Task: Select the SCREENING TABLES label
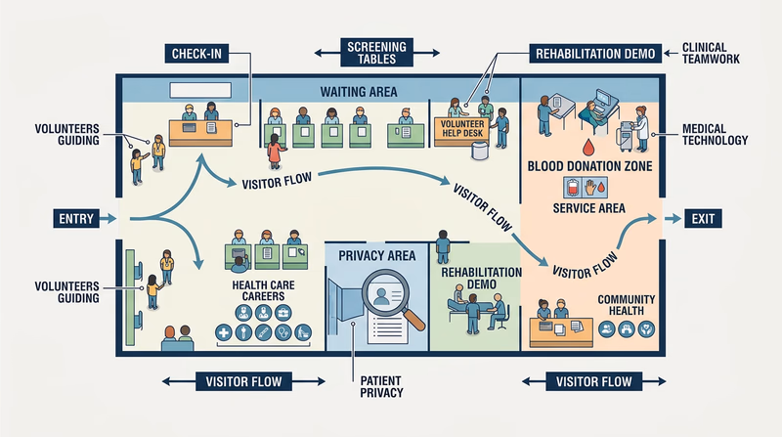376,52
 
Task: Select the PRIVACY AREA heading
376,256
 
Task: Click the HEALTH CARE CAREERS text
258,291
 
